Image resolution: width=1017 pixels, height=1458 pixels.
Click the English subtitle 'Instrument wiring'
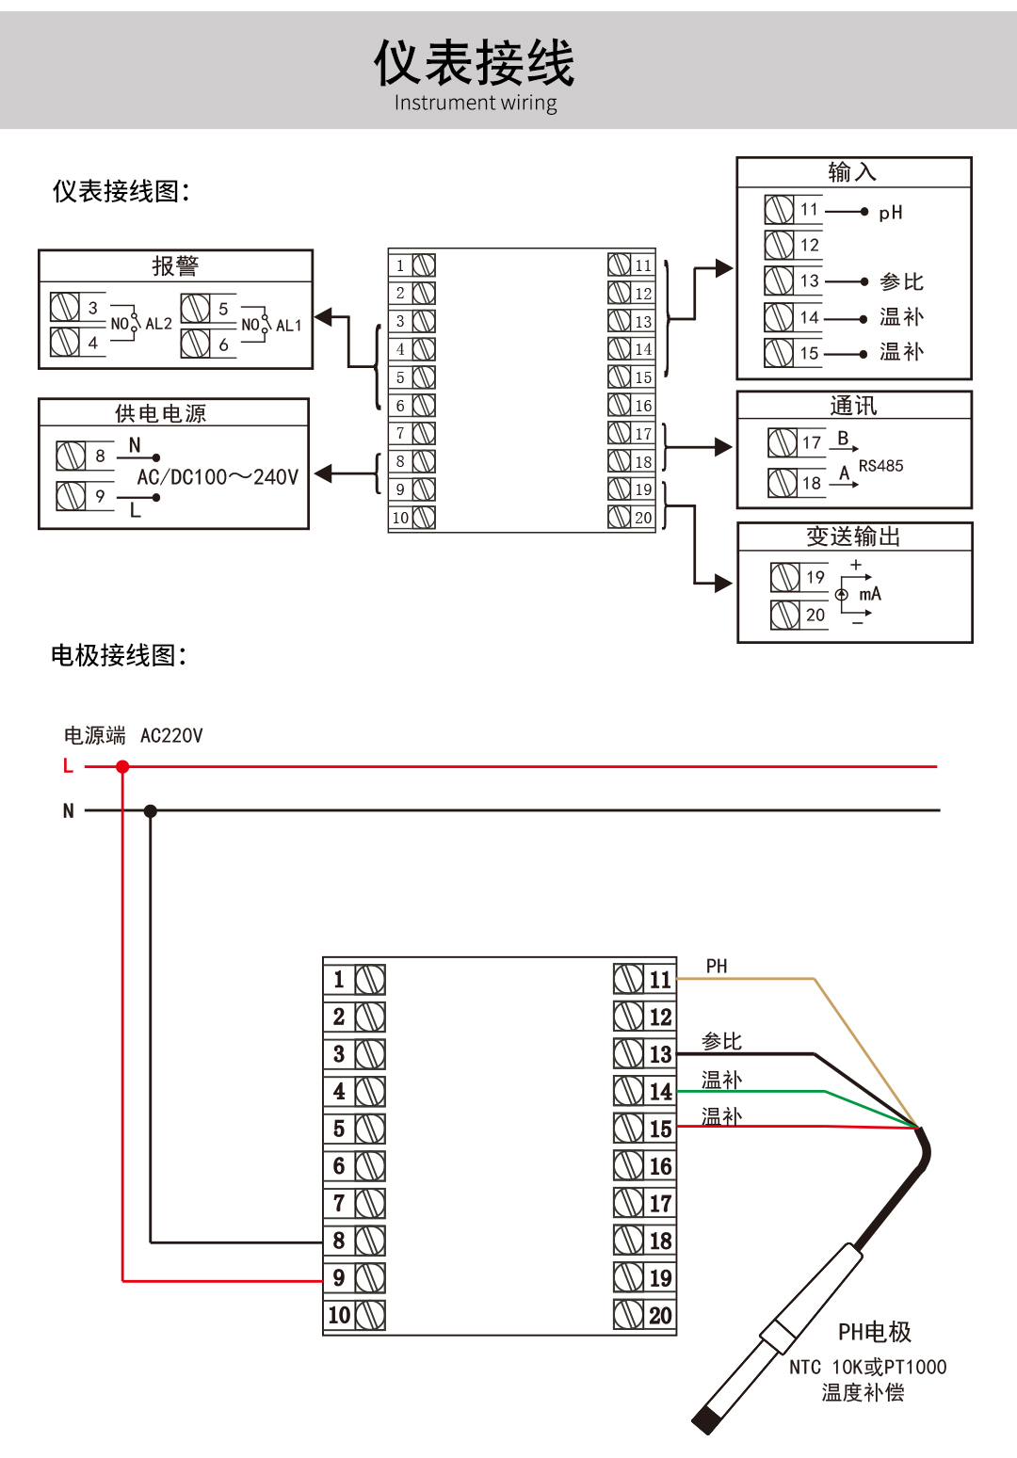point(476,103)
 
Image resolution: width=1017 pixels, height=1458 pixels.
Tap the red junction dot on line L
point(122,767)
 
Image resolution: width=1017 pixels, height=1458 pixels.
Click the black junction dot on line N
point(151,810)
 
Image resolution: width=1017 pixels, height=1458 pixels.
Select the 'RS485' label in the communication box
point(880,466)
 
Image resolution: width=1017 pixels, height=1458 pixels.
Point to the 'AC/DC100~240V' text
point(218,477)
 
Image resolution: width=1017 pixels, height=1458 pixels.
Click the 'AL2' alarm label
point(158,324)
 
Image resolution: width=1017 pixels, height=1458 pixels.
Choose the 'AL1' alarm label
point(288,326)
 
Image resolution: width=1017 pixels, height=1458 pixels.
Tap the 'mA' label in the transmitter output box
point(870,594)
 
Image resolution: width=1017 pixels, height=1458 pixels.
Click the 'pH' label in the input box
point(891,213)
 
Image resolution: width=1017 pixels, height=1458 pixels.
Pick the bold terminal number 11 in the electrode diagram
point(660,980)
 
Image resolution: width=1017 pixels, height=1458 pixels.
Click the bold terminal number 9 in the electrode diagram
point(339,1277)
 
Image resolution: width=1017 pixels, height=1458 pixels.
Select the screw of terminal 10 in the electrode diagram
point(370,1315)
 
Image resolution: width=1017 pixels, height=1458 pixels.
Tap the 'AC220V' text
point(171,735)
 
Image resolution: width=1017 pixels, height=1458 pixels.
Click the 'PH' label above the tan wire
point(717,966)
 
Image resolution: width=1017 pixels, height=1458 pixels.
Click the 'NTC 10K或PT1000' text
point(867,1367)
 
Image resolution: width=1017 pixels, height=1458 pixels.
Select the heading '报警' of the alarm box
point(175,266)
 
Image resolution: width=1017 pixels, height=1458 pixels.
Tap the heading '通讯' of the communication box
point(853,406)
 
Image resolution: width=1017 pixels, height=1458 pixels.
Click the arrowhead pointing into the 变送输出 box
point(723,584)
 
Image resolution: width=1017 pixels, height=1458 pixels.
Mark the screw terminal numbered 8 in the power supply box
point(72,456)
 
